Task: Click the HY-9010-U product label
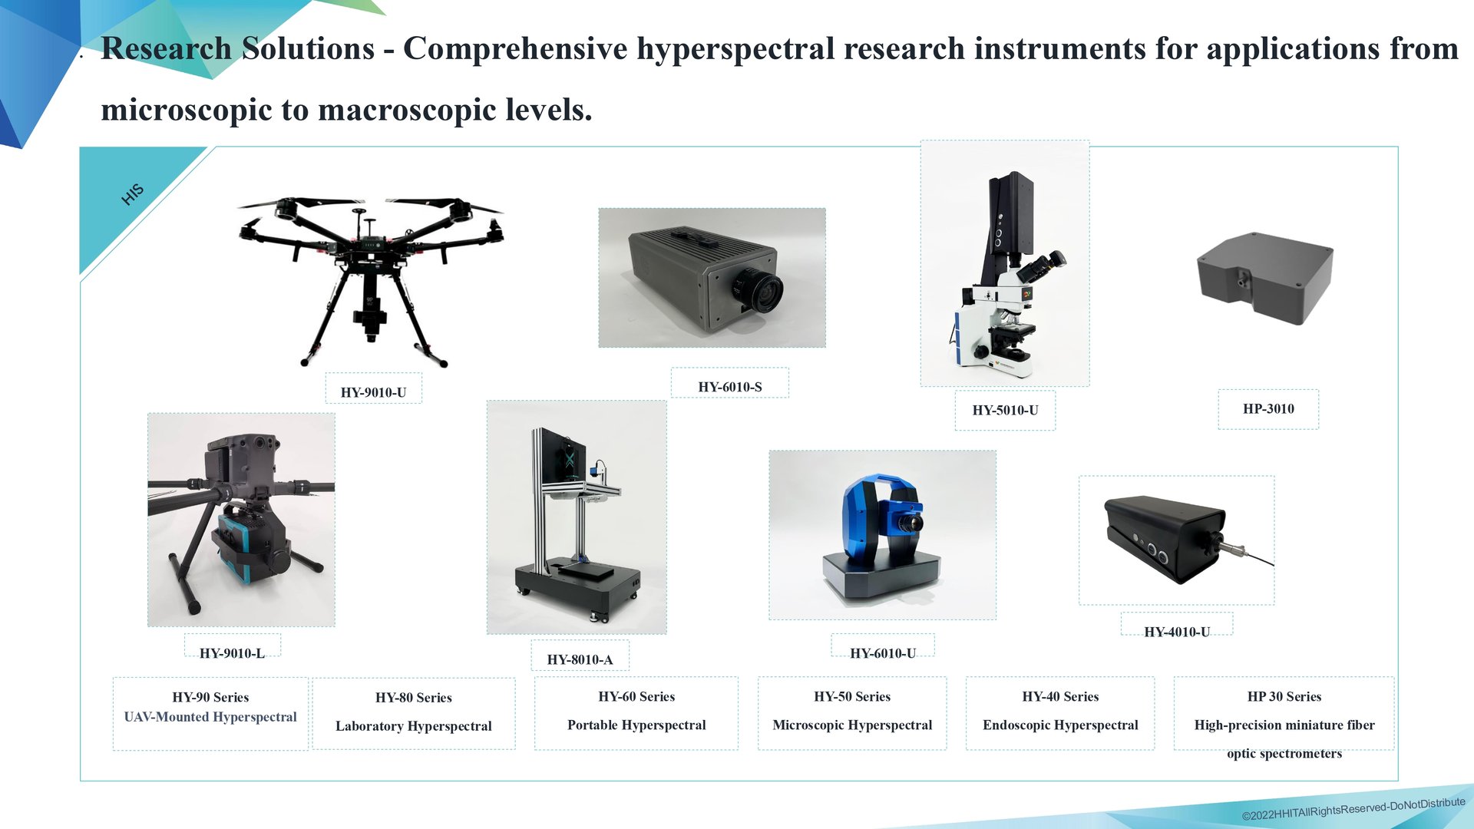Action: (373, 392)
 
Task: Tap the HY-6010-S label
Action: (730, 387)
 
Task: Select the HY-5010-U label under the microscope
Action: (1005, 410)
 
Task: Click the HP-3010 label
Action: (1268, 408)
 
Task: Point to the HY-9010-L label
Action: (232, 653)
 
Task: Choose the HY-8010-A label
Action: (580, 659)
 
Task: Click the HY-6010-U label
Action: (883, 653)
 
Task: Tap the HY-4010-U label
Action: (1177, 632)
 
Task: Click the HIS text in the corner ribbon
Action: (133, 194)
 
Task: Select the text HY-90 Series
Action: (210, 697)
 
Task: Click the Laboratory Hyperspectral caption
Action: (414, 726)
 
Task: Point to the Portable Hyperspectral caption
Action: (636, 725)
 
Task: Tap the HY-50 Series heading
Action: (852, 696)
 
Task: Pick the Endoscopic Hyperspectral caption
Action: (1060, 725)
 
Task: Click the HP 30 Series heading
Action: (1284, 696)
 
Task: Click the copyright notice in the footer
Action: (1353, 808)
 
